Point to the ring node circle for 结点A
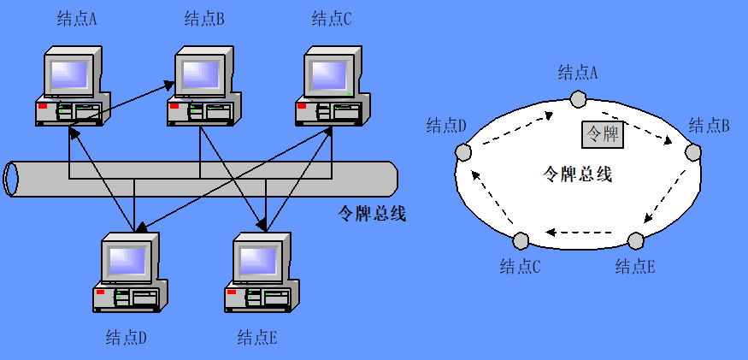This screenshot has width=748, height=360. pyautogui.click(x=579, y=99)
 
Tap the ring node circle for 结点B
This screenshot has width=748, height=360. pyautogui.click(x=692, y=154)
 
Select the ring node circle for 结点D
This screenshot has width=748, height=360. pyautogui.click(x=463, y=152)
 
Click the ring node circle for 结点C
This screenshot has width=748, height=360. pyautogui.click(x=521, y=240)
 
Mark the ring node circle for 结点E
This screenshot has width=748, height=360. pyautogui.click(x=635, y=240)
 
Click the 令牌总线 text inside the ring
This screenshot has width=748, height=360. pyautogui.click(x=578, y=175)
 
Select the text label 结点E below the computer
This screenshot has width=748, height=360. pyautogui.click(x=257, y=337)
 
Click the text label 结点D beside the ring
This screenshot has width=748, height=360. pyautogui.click(x=446, y=127)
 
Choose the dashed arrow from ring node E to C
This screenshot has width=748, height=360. pyautogui.click(x=580, y=232)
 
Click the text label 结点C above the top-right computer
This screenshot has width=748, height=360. pyautogui.click(x=332, y=19)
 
